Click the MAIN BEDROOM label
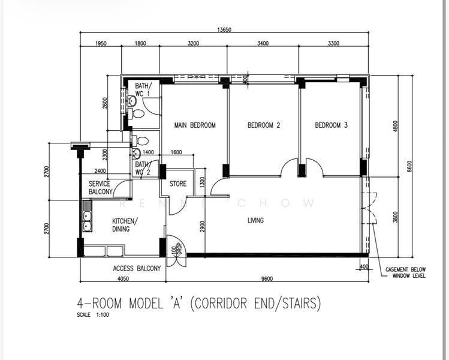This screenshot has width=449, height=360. (195, 125)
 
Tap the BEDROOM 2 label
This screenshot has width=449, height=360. (264, 125)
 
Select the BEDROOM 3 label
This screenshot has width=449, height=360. (332, 125)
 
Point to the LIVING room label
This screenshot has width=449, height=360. (256, 220)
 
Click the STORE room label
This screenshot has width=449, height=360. (178, 184)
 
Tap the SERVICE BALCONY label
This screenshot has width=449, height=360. (100, 188)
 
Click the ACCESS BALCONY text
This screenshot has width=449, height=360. (137, 269)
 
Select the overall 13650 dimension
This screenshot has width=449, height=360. (224, 30)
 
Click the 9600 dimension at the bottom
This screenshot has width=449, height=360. (267, 279)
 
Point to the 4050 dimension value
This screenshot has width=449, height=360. (123, 279)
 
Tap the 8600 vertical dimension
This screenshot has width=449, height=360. (409, 166)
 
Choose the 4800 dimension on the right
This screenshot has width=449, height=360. (396, 126)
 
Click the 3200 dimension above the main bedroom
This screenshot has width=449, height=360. (193, 43)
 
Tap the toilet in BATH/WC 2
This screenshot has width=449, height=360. (140, 141)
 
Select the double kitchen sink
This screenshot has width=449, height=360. (87, 221)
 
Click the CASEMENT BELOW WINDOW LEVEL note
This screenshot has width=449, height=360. (405, 273)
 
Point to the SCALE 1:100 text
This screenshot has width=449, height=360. (93, 315)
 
